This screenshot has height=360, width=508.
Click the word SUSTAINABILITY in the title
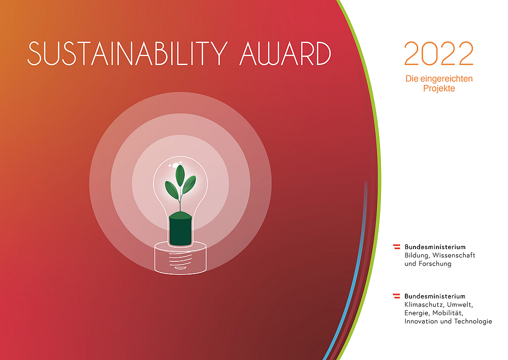(128, 53)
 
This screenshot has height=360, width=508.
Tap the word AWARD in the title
(285, 53)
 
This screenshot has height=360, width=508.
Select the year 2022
(439, 53)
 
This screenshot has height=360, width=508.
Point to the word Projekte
(439, 88)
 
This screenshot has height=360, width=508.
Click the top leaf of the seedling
(180, 175)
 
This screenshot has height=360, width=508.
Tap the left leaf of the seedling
(172, 190)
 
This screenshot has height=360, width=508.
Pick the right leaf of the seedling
(189, 184)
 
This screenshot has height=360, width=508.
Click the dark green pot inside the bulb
(180, 229)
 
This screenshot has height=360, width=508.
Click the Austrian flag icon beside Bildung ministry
(397, 247)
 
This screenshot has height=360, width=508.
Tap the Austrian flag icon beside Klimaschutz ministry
(397, 296)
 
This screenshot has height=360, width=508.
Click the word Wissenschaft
(454, 255)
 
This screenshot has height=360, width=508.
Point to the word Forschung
(435, 264)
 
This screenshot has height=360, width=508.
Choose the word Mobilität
(448, 313)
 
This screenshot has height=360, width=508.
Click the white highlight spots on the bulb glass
(175, 164)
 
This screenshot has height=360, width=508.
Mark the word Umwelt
(460, 305)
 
